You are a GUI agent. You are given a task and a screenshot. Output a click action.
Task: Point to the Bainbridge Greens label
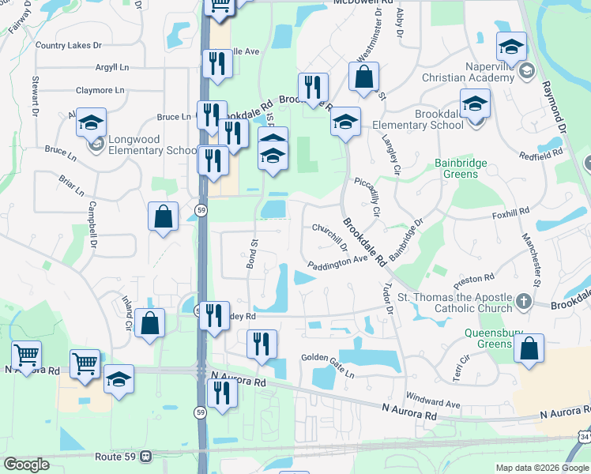[x=461, y=170]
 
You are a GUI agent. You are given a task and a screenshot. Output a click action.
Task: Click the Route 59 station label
[x=107, y=457]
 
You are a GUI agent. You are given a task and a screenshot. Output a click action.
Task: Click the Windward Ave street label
[x=433, y=404]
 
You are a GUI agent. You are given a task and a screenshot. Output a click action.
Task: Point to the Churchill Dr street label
[x=329, y=235]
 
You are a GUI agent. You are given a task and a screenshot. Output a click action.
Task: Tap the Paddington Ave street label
[x=338, y=262]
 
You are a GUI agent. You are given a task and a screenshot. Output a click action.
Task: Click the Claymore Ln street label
[x=100, y=91]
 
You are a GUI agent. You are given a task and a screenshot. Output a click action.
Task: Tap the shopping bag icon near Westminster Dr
[x=363, y=77]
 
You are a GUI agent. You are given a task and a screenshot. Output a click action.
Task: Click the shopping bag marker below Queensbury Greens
[x=529, y=349]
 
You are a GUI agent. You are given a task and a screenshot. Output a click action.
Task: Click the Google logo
[x=26, y=465]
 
